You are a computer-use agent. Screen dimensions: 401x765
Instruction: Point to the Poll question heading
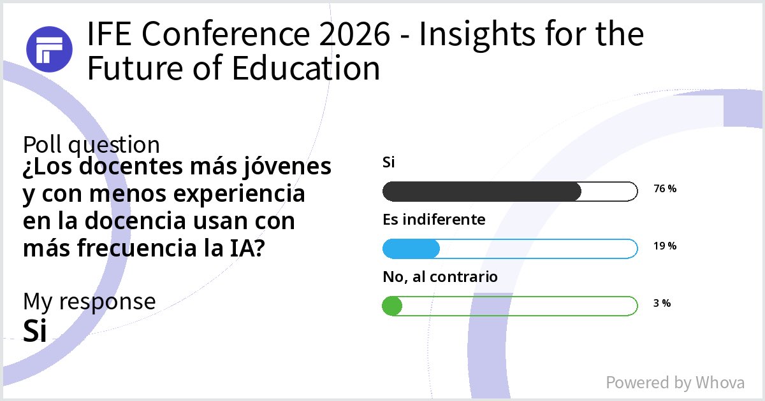(x=91, y=145)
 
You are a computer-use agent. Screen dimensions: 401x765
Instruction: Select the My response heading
(x=89, y=301)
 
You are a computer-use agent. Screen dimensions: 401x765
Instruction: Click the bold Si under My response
(x=35, y=330)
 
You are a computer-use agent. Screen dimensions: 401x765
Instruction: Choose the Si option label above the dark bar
(x=389, y=162)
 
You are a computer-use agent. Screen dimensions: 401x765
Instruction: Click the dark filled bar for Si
(x=481, y=191)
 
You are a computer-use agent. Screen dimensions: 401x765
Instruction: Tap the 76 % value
(x=665, y=189)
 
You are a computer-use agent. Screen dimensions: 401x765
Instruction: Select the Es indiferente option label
(x=434, y=220)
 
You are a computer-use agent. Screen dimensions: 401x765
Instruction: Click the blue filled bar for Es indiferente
(x=411, y=249)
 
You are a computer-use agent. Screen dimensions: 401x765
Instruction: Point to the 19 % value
(x=665, y=246)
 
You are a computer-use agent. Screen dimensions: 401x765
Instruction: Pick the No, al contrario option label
(x=440, y=277)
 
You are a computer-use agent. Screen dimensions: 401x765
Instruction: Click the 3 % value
(x=662, y=304)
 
